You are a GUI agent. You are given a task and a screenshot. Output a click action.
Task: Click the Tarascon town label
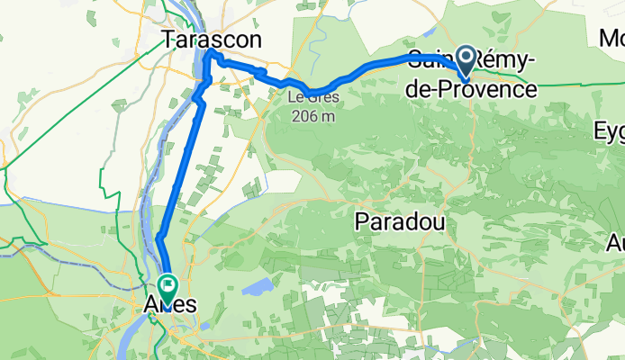[x=213, y=39]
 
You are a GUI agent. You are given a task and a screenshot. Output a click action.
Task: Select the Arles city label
[x=170, y=305]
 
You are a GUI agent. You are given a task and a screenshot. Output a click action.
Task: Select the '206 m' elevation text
[x=312, y=115]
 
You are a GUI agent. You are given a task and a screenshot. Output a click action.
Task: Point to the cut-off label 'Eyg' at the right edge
[x=610, y=130]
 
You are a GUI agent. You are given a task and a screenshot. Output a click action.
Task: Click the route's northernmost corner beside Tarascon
[x=210, y=53]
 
